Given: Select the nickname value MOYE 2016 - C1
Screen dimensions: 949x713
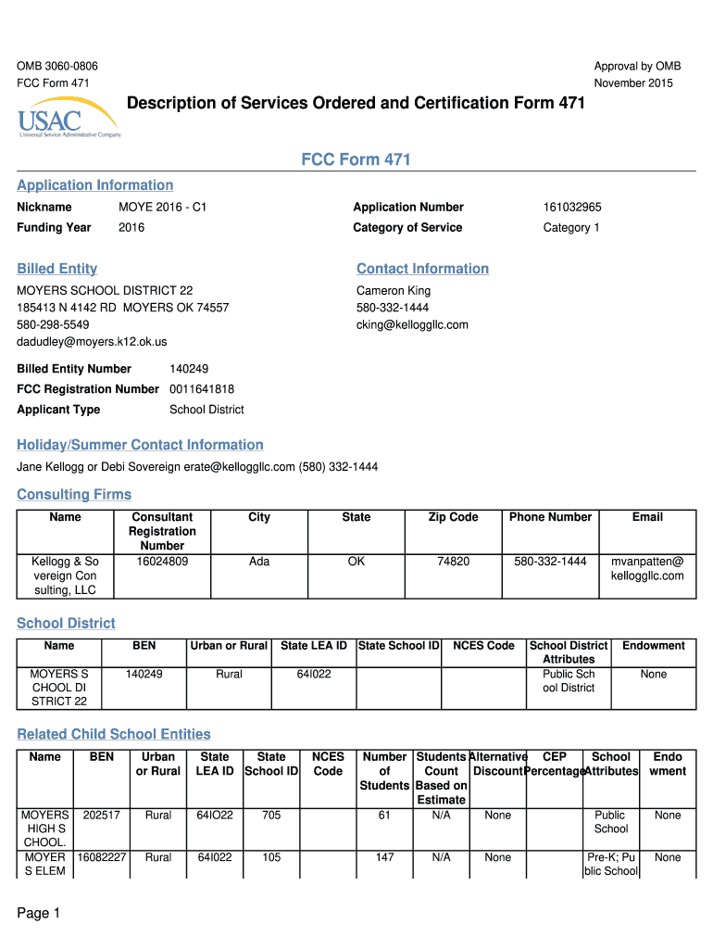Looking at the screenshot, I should pyautogui.click(x=162, y=208).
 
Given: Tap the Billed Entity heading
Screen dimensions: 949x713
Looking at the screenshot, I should pyautogui.click(x=57, y=269).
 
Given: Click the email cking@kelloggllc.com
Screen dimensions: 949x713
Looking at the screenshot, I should pyautogui.click(x=412, y=324).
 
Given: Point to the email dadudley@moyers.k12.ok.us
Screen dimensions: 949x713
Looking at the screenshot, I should pyautogui.click(x=92, y=342).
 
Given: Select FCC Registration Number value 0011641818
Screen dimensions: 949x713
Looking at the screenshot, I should pyautogui.click(x=202, y=389).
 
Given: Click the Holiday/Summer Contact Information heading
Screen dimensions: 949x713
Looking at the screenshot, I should pyautogui.click(x=140, y=445).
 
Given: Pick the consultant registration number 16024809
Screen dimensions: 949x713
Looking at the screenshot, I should pyautogui.click(x=162, y=561).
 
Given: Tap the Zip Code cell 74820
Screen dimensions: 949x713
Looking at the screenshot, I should pyautogui.click(x=453, y=561).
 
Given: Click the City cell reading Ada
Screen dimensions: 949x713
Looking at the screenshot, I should pyautogui.click(x=259, y=561).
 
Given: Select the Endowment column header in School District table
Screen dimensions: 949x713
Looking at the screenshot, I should pyautogui.click(x=653, y=646).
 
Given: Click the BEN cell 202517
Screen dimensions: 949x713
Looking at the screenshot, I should pyautogui.click(x=101, y=816).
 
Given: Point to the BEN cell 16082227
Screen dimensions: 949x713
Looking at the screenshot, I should pyautogui.click(x=101, y=857).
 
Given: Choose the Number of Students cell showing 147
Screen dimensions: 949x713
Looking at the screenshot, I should pyautogui.click(x=385, y=857).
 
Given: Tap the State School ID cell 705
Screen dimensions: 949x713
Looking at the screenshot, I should pyautogui.click(x=271, y=816).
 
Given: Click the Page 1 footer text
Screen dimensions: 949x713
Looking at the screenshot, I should pyautogui.click(x=38, y=914).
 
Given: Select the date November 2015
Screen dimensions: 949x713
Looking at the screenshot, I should pyautogui.click(x=633, y=83).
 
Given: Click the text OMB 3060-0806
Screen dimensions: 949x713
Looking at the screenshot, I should pyautogui.click(x=57, y=66).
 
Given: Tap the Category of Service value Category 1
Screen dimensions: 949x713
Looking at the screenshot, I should pyautogui.click(x=571, y=228).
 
